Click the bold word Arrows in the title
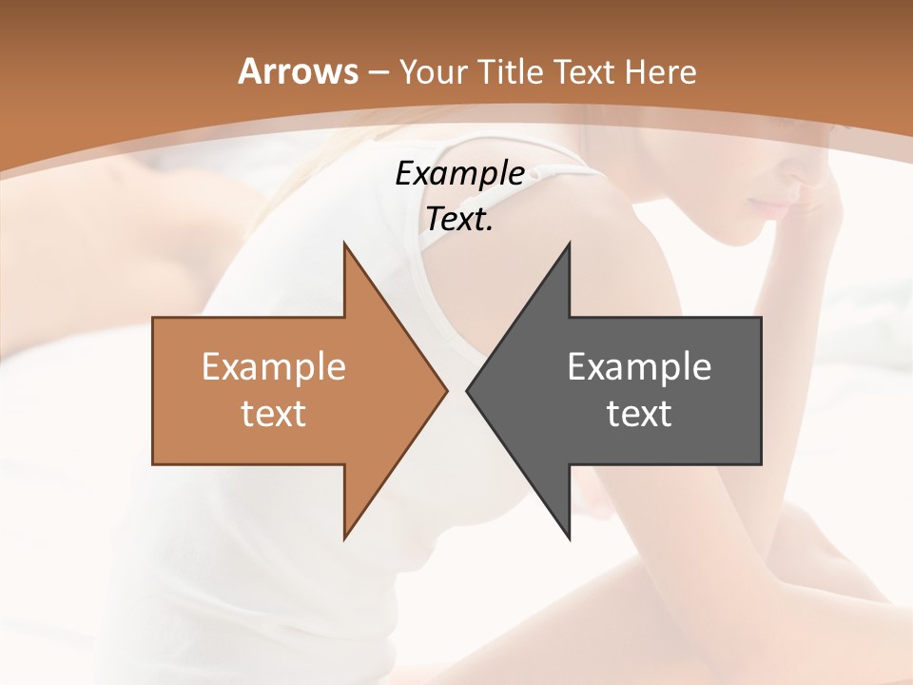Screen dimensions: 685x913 [x=298, y=71]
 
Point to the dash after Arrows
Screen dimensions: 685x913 [x=378, y=72]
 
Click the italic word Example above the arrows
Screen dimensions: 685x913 [x=460, y=173]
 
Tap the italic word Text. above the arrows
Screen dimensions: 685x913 [x=460, y=219]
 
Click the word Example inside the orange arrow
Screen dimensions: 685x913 [x=274, y=366]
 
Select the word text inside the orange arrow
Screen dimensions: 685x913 [x=274, y=414]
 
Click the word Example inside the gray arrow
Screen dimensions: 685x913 [x=639, y=366]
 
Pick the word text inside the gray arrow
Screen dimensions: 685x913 [x=639, y=414]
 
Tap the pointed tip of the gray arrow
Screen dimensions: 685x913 [x=467, y=390]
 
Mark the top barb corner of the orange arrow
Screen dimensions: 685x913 [x=344, y=244]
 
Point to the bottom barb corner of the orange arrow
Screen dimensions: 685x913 [x=344, y=538]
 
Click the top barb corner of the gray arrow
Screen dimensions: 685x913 [x=569, y=244]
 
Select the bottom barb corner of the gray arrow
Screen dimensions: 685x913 [x=569, y=538]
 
